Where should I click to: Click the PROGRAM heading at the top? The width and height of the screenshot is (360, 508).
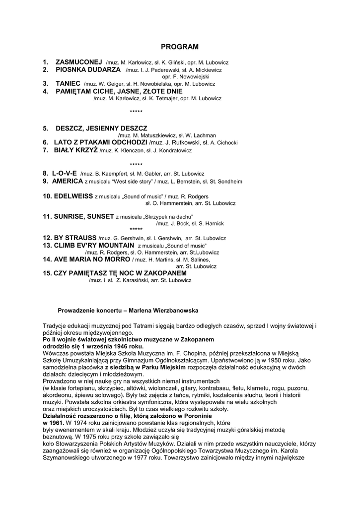tap(180, 47)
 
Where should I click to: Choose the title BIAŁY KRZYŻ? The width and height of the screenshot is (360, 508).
tap(75, 150)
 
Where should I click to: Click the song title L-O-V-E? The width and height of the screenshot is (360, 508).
tap(64, 174)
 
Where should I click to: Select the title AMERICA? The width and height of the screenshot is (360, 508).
tap(68, 181)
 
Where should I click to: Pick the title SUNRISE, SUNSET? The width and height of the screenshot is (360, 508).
tap(84, 216)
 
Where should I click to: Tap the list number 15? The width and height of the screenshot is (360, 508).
tap(47, 273)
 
